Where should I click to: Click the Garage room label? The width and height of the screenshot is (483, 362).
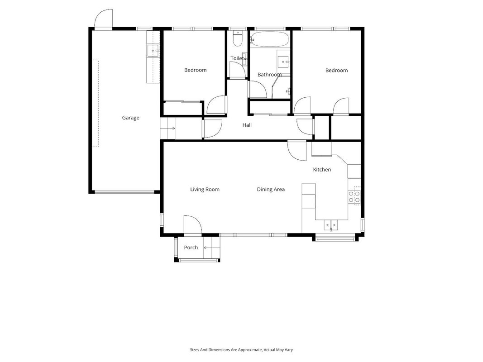point(131,118)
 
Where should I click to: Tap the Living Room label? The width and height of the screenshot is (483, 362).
point(205,189)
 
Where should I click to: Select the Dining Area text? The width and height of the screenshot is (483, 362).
point(271,189)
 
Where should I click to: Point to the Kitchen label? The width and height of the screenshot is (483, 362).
point(322,170)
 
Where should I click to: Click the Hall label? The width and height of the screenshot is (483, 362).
point(247,125)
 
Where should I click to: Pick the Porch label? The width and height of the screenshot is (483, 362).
point(191,248)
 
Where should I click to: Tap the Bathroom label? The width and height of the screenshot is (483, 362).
point(269,75)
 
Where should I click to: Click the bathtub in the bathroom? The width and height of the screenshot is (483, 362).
point(269,39)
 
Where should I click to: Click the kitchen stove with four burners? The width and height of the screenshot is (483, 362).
point(354,197)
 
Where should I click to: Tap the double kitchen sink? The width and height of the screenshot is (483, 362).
point(331,225)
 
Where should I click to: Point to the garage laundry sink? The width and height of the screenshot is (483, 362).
point(153,51)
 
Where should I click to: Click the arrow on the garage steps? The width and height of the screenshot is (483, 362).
point(172,129)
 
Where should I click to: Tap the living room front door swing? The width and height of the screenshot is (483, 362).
point(192,224)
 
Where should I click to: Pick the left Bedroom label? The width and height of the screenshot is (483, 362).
point(195,70)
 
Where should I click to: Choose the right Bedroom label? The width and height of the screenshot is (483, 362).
point(337,71)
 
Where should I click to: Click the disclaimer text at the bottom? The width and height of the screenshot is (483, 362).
point(242,350)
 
